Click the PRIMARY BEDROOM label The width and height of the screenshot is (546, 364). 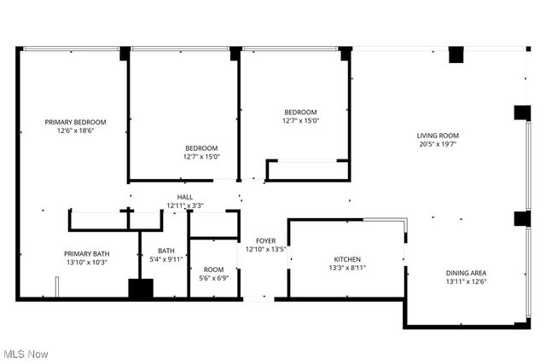click(x=75, y=122)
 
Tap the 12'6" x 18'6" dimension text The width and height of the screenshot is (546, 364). click(x=75, y=131)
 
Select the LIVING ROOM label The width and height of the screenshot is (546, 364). click(x=438, y=136)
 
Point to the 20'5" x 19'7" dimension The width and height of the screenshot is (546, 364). click(x=438, y=145)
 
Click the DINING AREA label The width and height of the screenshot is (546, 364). click(x=467, y=273)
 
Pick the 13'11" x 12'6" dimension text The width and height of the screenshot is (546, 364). click(x=467, y=282)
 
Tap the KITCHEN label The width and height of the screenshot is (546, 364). click(x=346, y=259)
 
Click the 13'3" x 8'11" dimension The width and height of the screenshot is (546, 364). click(x=346, y=269)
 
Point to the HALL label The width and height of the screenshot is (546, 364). click(x=184, y=197)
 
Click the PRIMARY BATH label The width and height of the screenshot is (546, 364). click(x=86, y=253)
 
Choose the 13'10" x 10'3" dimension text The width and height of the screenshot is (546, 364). click(x=86, y=263)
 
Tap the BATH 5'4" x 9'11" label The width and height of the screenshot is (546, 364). click(x=166, y=255)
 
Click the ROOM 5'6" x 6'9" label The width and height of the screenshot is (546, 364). click(x=212, y=274)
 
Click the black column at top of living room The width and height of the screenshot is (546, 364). click(x=456, y=55)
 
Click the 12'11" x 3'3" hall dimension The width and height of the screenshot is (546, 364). click(x=184, y=205)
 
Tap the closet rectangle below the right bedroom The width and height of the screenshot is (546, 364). click(x=307, y=170)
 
